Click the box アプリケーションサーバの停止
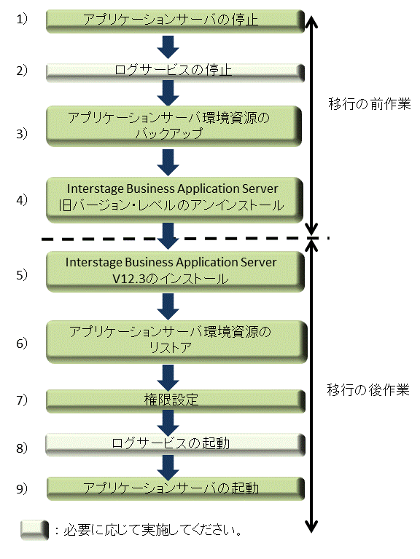pos(175,21)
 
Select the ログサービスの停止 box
pos(175,72)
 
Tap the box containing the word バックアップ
pos(174,126)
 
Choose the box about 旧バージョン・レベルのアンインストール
pos(175,200)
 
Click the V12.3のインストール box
pos(175,271)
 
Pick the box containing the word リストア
pos(176,341)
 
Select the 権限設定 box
pos(175,401)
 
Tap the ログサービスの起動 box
pos(175,445)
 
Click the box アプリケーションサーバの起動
pos(175,488)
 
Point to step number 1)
pos(22,19)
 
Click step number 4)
pos(22,199)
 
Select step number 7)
pos(22,400)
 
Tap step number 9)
pos(22,488)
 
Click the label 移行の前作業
pos(369,104)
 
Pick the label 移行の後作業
pos(367,390)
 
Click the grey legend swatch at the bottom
pos(34,530)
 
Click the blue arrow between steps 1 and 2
pos(168,47)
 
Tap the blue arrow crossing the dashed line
pos(168,236)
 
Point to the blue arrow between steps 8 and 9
pos(168,468)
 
